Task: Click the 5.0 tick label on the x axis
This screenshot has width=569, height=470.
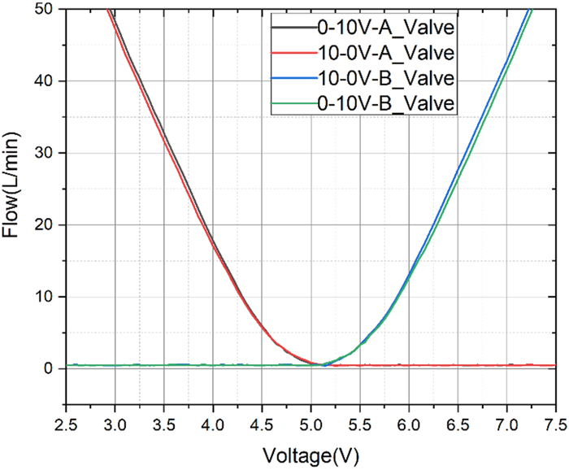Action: click(x=311, y=424)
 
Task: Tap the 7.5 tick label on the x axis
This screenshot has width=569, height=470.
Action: click(x=556, y=424)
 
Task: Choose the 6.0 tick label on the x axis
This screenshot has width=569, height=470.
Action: click(x=409, y=424)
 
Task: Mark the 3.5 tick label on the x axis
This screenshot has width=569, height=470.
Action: click(x=164, y=424)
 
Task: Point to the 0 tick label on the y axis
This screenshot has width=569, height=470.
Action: click(x=50, y=368)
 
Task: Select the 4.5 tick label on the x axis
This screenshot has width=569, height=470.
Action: click(x=263, y=424)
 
